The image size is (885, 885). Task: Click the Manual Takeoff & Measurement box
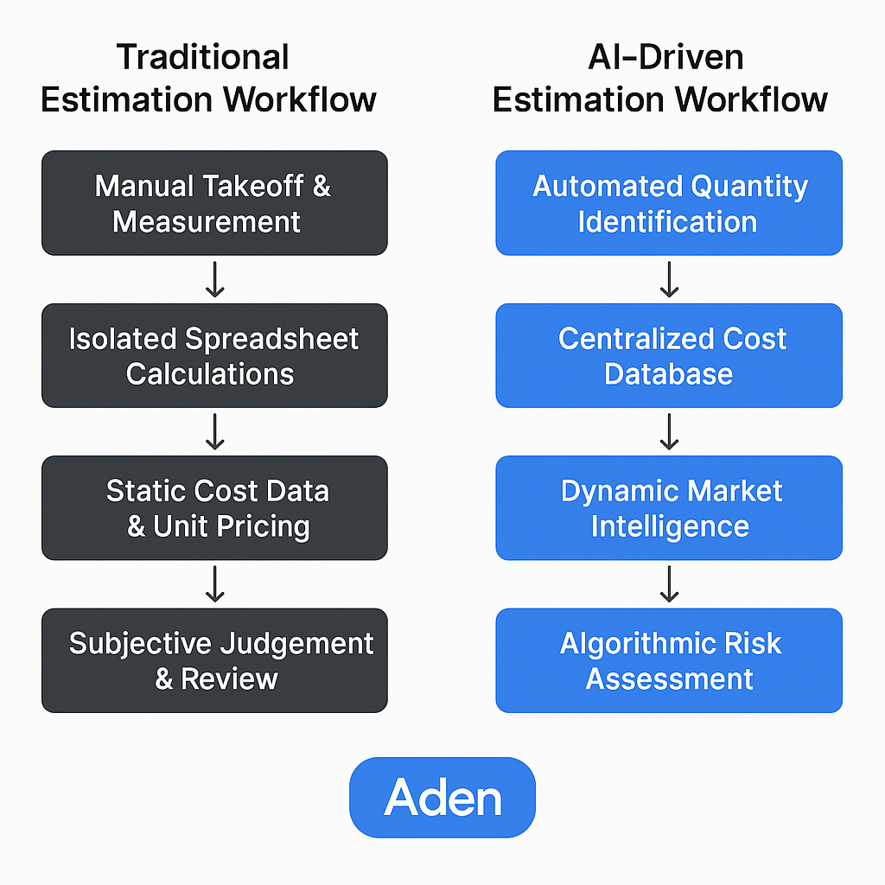[214, 203]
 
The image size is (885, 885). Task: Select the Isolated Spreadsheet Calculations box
[214, 355]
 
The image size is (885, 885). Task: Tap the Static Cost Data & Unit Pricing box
[214, 507]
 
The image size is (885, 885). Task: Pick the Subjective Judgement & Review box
[214, 660]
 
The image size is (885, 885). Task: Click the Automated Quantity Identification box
[669, 203]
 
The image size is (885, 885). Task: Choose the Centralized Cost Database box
[669, 355]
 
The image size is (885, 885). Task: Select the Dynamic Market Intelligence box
[669, 507]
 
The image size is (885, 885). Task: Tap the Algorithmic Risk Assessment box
[669, 660]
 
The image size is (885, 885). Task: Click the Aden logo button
[442, 797]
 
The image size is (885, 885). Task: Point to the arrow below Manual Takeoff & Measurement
[214, 279]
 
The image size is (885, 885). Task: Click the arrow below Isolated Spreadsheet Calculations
[214, 431]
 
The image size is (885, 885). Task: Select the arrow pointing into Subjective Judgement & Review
[214, 583]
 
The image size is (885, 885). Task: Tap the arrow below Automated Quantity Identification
[669, 279]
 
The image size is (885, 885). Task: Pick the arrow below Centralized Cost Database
[669, 431]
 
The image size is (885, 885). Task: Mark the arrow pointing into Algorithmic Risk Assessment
[669, 583]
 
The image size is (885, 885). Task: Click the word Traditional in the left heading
[203, 57]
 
